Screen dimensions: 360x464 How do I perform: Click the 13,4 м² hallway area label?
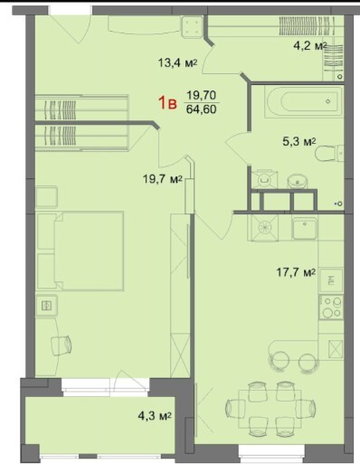[177, 63]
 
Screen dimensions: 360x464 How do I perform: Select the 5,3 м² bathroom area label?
[299, 141]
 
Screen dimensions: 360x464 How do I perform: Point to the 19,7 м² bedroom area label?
[163, 179]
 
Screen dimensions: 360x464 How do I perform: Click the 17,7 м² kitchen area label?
[296, 272]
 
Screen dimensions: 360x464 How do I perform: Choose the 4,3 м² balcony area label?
[155, 416]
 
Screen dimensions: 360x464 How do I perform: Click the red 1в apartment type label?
[167, 103]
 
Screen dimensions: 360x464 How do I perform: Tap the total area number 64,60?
[201, 109]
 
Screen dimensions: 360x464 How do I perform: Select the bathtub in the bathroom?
[304, 101]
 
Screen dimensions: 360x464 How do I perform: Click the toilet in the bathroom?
[329, 154]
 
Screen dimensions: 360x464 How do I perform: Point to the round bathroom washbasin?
[297, 182]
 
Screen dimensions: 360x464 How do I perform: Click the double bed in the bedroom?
[80, 251]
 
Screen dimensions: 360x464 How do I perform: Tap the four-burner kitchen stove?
[331, 308]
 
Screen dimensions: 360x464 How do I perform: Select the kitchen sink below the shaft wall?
[305, 228]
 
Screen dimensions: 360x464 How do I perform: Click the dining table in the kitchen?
[270, 409]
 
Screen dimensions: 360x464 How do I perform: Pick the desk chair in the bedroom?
[62, 345]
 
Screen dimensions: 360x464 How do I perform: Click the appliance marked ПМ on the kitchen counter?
[331, 279]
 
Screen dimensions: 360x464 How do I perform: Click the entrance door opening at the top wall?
[71, 10]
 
